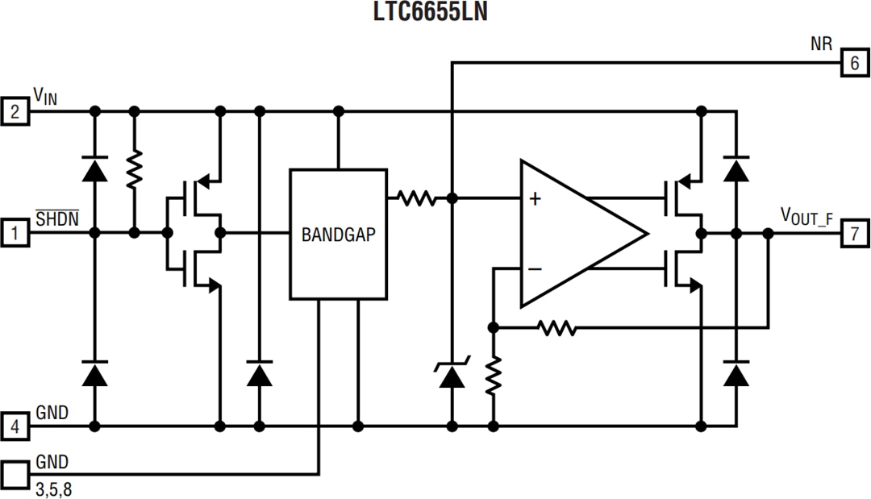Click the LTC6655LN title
click(435, 14)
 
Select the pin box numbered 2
click(15, 110)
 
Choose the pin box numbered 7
click(854, 234)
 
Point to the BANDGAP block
click(338, 235)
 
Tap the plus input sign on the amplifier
click(534, 198)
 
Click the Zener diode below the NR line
click(452, 376)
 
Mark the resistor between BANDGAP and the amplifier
click(415, 197)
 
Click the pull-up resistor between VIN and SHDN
click(135, 169)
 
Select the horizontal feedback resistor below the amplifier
click(556, 328)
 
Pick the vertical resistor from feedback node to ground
click(493, 376)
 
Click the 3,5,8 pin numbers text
click(57, 489)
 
